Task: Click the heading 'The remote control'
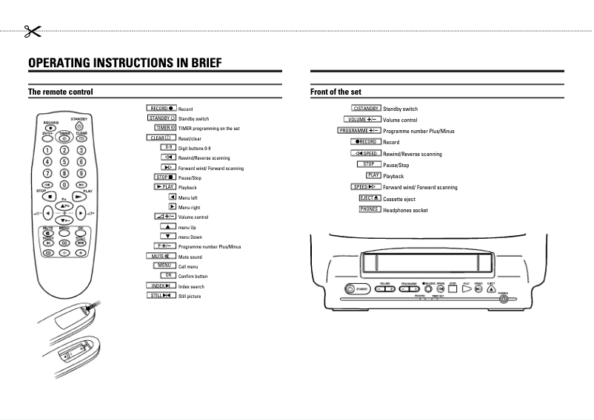tap(60, 92)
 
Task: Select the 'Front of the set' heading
tap(336, 92)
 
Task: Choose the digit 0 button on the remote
tap(64, 183)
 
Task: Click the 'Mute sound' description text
tap(190, 257)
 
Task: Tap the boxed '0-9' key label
tap(169, 147)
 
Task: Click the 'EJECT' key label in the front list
tap(369, 198)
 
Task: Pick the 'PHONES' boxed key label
tap(369, 209)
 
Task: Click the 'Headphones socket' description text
tap(405, 210)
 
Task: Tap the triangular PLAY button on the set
tap(467, 288)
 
